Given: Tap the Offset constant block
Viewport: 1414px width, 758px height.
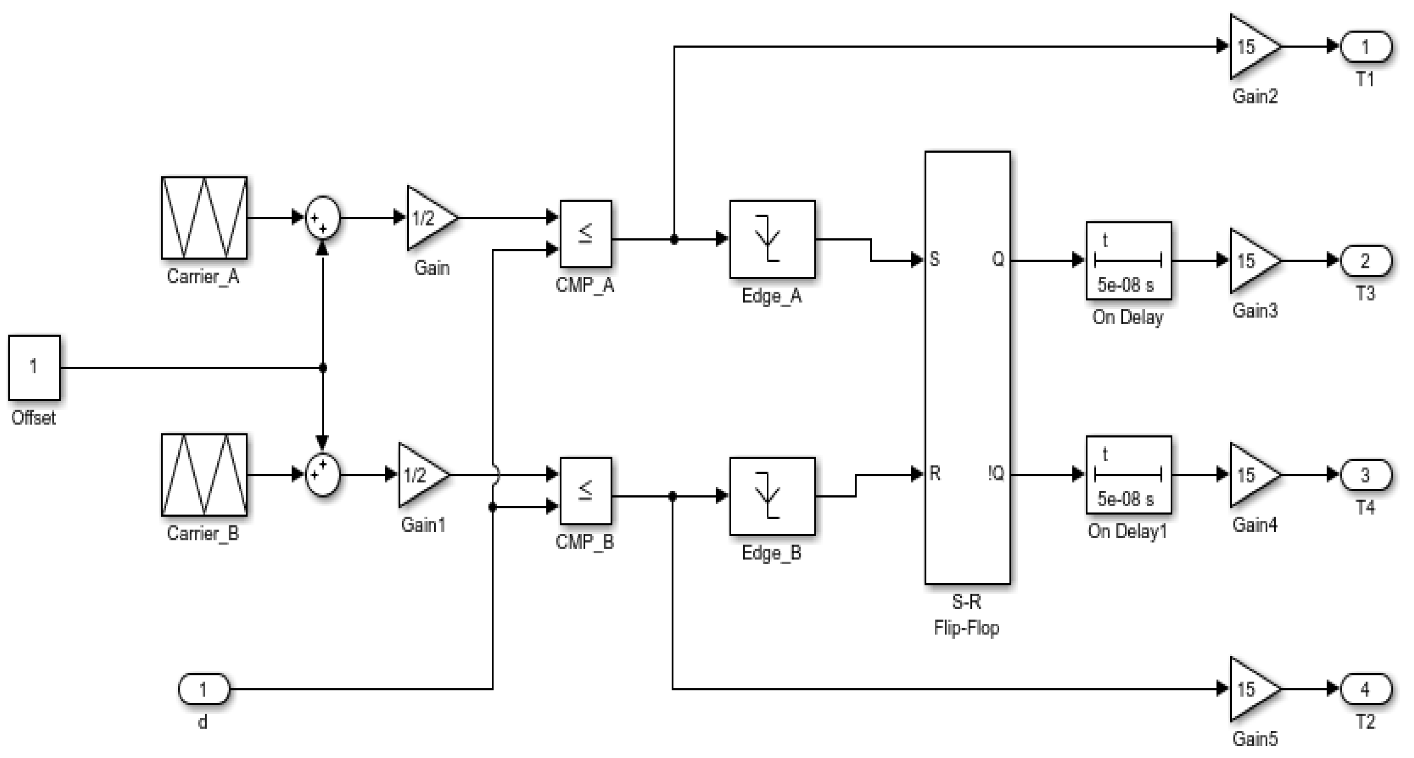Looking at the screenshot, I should pos(34,367).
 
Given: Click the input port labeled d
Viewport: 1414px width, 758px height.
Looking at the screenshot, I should pos(203,689).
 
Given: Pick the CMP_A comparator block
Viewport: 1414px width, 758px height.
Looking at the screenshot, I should pos(585,234).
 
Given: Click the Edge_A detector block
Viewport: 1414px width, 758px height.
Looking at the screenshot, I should pos(772,239).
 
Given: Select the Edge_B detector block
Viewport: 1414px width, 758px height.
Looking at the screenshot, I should pos(772,496).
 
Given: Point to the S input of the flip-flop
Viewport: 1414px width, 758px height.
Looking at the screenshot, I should pos(934,260).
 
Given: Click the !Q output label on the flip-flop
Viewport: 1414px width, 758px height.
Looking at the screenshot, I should pos(995,474).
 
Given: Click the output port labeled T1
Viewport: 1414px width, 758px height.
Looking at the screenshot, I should pos(1366,47).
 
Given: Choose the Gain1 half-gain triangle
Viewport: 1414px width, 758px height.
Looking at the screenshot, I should pos(420,475).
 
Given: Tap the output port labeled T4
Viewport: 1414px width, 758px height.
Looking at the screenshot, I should pos(1366,475).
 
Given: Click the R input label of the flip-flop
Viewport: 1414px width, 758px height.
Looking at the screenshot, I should pos(935,474).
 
